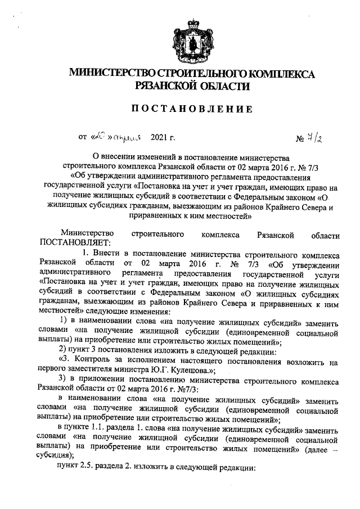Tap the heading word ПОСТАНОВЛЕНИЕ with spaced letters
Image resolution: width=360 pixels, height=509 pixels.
(184, 109)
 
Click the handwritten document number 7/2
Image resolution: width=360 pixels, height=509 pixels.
(317, 137)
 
